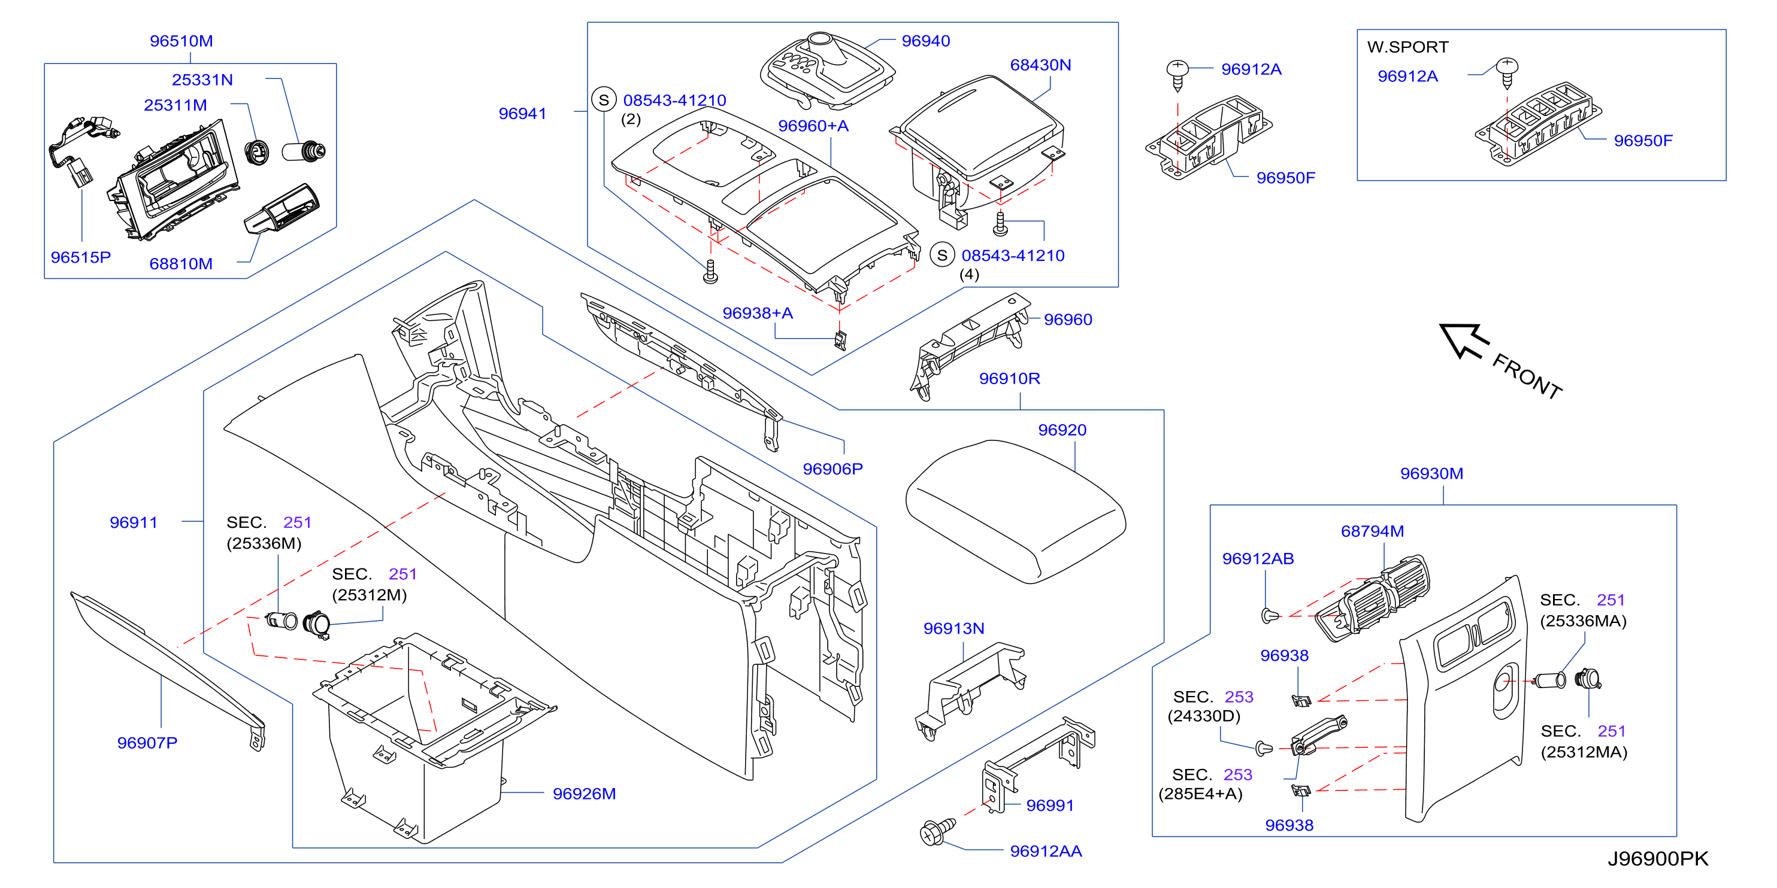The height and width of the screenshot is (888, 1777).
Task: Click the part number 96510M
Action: tap(181, 41)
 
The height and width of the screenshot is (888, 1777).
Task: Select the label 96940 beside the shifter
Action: tap(926, 41)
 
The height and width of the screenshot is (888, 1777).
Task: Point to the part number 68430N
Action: tap(1040, 65)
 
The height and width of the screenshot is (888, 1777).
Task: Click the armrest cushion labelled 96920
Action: tap(1015, 512)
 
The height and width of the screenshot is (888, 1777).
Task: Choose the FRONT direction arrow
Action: tap(1463, 340)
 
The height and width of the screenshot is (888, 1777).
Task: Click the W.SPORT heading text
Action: tap(1407, 47)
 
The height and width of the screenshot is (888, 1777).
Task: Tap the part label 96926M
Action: tap(585, 793)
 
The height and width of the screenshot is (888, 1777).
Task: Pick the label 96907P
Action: tap(147, 743)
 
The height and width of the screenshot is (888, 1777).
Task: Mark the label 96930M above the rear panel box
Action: tap(1431, 474)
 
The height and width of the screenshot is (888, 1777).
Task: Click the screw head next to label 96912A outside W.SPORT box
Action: tap(1177, 69)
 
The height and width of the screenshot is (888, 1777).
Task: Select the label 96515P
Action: tap(81, 257)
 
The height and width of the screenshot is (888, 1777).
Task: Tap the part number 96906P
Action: tap(833, 469)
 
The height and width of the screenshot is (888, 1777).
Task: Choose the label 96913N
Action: tap(953, 628)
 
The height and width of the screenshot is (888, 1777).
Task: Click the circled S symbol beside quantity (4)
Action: tap(942, 254)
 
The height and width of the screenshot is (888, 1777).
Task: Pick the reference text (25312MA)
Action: tap(1584, 752)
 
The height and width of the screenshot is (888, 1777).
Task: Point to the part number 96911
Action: tap(134, 522)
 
